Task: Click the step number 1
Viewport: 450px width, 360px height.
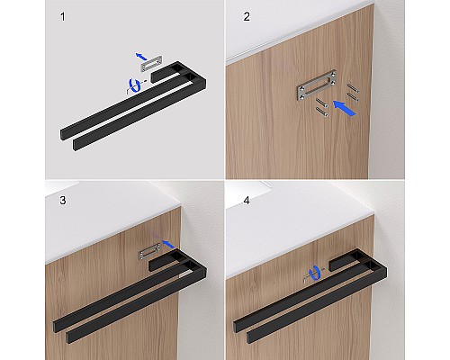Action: (63, 17)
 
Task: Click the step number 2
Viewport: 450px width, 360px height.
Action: (247, 17)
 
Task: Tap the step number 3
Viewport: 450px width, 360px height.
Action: (63, 200)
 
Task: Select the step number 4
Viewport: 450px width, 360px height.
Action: (247, 200)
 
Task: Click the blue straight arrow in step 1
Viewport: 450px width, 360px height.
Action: (141, 56)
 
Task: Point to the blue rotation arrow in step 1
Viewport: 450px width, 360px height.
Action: (135, 85)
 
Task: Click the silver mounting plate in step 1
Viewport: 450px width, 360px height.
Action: (151, 63)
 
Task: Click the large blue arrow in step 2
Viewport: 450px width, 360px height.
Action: (345, 108)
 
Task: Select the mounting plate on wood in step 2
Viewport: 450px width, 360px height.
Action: (316, 85)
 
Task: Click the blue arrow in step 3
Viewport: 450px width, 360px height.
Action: (168, 244)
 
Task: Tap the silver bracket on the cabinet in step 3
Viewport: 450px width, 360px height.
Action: (149, 252)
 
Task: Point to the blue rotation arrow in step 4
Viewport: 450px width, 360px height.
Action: (314, 273)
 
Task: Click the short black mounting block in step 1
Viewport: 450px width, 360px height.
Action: (165, 72)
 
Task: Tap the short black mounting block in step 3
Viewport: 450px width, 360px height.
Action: (164, 260)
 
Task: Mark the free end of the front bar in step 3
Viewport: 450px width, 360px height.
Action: (67, 338)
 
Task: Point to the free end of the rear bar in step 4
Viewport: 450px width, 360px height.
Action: (236, 326)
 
